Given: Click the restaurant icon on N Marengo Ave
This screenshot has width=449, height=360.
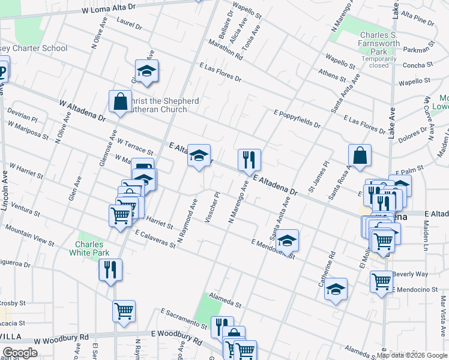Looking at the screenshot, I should coord(249,160).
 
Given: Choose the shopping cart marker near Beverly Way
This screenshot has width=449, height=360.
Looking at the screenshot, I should coord(381,281).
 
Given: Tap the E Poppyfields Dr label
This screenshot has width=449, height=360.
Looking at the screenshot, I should coord(297,119).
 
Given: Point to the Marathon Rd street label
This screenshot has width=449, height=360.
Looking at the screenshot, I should coord(225,50).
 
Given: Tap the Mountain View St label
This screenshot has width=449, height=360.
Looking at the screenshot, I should coord(29,236).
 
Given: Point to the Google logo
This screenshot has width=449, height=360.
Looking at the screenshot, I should coord(19,353).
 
